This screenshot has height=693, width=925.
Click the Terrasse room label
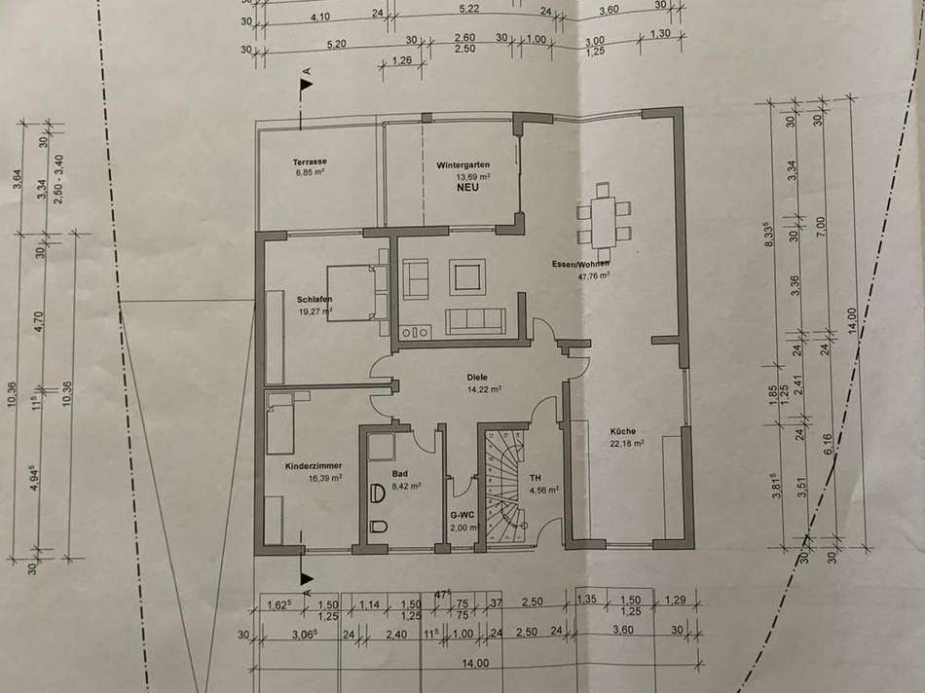click(x=309, y=162)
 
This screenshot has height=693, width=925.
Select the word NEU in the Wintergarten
click(x=471, y=191)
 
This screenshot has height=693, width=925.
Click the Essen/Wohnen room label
click(x=580, y=264)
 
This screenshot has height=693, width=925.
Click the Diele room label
click(x=477, y=377)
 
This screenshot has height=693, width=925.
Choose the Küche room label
click(x=623, y=431)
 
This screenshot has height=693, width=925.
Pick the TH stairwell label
click(x=535, y=478)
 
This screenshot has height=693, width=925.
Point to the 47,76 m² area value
click(x=593, y=276)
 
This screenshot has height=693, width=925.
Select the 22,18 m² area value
click(x=626, y=444)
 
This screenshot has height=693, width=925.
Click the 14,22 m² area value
click(x=483, y=389)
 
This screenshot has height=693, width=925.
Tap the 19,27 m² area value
click(x=316, y=312)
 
